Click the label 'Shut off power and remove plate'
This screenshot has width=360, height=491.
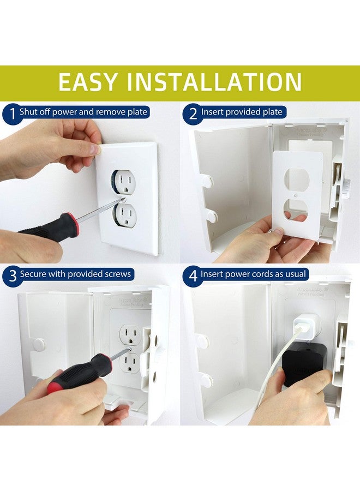83,112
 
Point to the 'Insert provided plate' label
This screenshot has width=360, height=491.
242,112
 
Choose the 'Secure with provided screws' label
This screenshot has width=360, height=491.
75,274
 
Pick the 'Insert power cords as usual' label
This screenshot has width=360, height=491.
254,274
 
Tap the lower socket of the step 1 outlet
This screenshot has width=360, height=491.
125,214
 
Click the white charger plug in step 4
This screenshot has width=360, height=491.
305,326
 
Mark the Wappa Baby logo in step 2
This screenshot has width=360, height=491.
313,131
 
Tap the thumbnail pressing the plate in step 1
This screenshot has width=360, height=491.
94,148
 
